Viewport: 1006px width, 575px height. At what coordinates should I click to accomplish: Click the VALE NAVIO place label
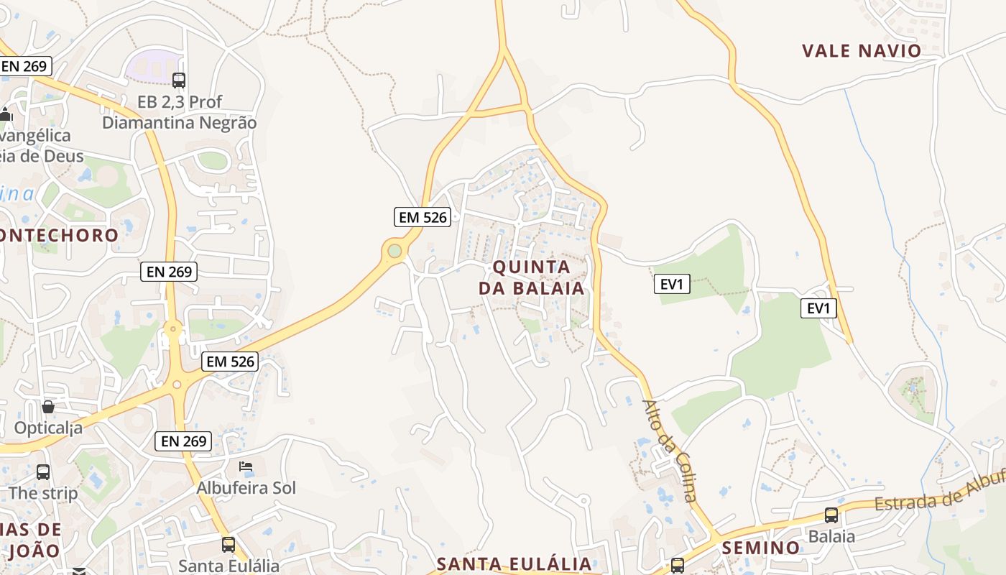[x=861, y=50]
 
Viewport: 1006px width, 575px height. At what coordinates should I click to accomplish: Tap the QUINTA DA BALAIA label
[x=531, y=277]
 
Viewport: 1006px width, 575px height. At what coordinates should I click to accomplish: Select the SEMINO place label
[x=760, y=548]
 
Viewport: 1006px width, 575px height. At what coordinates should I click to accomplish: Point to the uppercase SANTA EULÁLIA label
[x=514, y=563]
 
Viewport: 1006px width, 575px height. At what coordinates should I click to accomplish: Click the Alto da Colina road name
[x=670, y=450]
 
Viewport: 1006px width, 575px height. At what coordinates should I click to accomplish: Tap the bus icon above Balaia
[x=831, y=515]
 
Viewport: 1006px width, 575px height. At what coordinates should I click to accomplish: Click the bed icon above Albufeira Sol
[x=246, y=466]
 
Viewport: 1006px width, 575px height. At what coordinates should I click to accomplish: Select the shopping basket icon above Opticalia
[x=48, y=408]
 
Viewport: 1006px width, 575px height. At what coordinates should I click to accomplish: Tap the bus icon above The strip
[x=43, y=472]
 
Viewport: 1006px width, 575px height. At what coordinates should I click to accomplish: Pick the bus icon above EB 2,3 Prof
[x=179, y=80]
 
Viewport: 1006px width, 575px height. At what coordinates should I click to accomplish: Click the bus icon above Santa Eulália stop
[x=228, y=544]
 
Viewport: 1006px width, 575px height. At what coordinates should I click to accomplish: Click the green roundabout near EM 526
[x=394, y=250]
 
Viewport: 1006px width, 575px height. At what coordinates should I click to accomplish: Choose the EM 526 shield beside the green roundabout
[x=423, y=216]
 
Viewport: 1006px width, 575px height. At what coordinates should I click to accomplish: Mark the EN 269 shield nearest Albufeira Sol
[x=183, y=441]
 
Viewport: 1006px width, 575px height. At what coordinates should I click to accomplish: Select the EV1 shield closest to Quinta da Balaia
[x=671, y=284]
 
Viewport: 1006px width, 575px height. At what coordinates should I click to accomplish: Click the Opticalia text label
[x=48, y=428]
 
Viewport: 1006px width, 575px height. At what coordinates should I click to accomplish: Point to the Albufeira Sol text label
[x=246, y=488]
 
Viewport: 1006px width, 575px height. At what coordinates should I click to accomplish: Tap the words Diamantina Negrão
[x=179, y=122]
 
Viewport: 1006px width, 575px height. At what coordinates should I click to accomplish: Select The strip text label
[x=43, y=494]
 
